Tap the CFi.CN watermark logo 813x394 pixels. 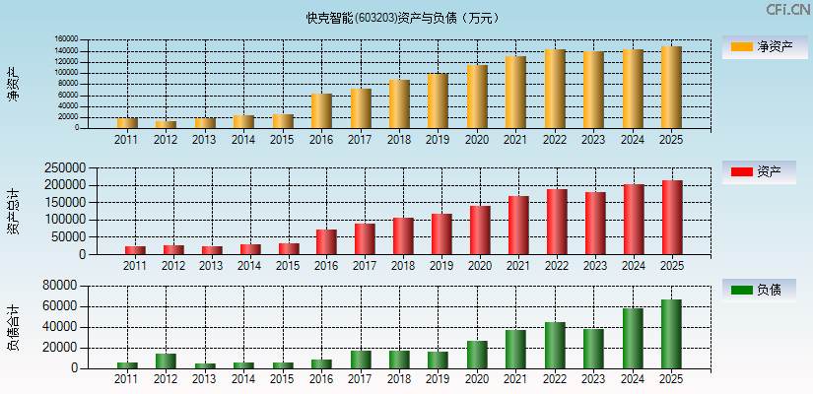(x=787, y=10)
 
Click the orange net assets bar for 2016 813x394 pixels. (x=321, y=111)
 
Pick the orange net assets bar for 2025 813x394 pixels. (x=671, y=88)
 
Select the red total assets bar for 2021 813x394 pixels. (x=517, y=225)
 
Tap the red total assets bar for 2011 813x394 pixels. (x=135, y=250)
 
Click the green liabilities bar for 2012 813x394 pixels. (x=166, y=361)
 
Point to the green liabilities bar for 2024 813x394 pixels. (x=632, y=338)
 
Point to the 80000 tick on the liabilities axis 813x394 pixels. (x=63, y=286)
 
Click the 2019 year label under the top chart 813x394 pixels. (x=438, y=140)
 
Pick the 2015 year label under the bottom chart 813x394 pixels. (x=283, y=379)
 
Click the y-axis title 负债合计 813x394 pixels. (x=14, y=327)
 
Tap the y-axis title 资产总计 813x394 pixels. (x=14, y=211)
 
